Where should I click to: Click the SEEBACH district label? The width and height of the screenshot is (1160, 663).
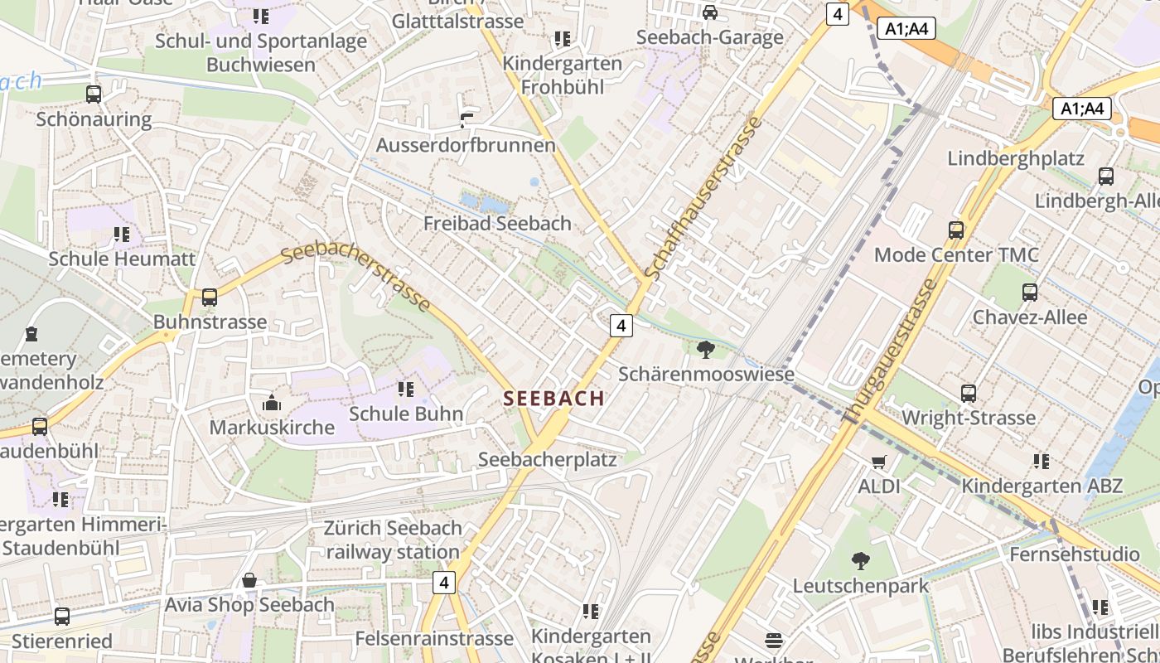[x=553, y=399]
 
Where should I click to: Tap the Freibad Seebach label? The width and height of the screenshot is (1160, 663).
[x=497, y=223]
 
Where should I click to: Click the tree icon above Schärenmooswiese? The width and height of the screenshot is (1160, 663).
[x=706, y=350]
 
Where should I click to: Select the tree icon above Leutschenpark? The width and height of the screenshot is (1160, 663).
[x=861, y=561]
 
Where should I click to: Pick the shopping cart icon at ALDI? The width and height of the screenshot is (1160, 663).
[x=879, y=462]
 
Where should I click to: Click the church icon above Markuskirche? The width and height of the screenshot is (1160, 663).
[x=271, y=404]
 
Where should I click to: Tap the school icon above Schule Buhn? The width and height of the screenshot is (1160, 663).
[x=405, y=389]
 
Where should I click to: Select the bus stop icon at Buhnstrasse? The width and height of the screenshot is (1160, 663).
[x=210, y=298]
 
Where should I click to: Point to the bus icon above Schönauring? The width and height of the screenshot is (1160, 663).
[x=94, y=94]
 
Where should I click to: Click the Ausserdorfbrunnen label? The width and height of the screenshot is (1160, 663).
[x=466, y=145]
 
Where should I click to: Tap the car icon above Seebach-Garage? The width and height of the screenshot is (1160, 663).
[x=710, y=12]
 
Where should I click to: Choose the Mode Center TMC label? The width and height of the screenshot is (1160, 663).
[x=956, y=254]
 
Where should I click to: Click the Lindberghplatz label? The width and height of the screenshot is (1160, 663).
[x=1016, y=158]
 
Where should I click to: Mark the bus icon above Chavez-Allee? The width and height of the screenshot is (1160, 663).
[x=1030, y=293]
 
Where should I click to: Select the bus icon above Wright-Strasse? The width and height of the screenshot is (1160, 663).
[x=969, y=394]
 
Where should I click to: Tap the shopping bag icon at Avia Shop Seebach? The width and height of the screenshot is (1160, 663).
[x=249, y=580]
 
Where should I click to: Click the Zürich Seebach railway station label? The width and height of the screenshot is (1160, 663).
[x=393, y=540]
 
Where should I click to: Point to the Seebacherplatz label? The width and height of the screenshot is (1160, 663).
[x=548, y=459]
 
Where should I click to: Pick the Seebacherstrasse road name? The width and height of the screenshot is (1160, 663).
[x=357, y=277]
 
